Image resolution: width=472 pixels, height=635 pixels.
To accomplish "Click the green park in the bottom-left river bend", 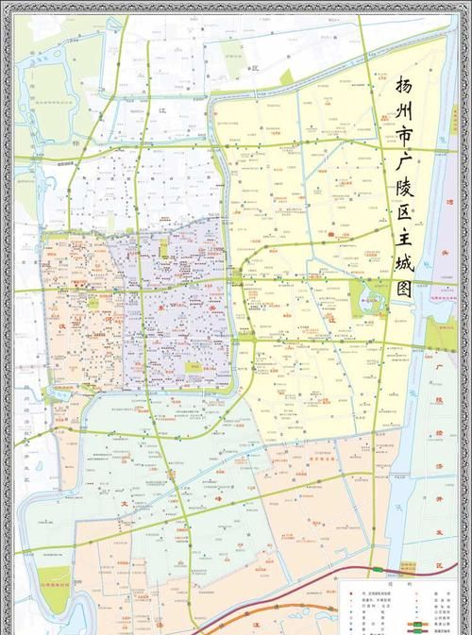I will (57, 583).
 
